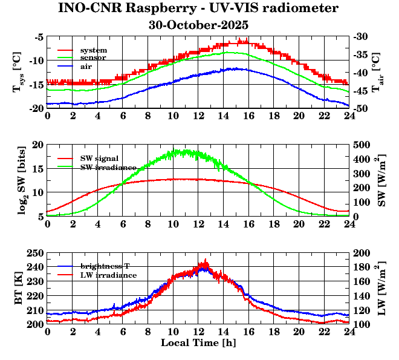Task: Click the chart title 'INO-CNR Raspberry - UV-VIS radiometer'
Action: [198, 8]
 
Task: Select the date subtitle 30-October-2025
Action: [198, 25]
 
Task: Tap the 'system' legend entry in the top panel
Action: [93, 50]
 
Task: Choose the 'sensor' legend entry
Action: [93, 57]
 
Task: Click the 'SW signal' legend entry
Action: [99, 158]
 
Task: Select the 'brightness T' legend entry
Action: [108, 266]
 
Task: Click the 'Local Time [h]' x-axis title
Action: [198, 343]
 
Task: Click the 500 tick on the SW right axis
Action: [362, 145]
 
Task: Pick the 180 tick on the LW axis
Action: [362, 267]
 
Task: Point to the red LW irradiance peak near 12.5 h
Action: [206, 261]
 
